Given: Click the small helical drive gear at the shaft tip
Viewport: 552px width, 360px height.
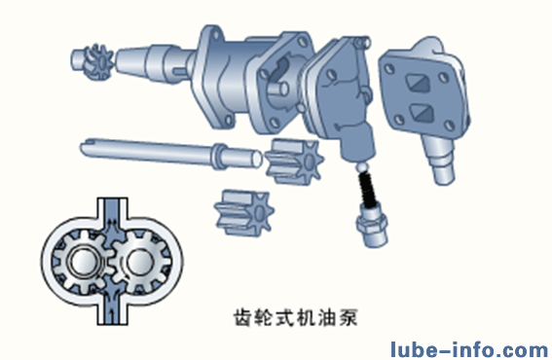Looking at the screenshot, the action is (x=93, y=62).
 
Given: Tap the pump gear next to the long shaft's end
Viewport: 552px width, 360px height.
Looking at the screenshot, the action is (x=294, y=162).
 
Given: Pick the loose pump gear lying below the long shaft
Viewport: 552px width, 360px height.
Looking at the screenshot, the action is (x=244, y=212).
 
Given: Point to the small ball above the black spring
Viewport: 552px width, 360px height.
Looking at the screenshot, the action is (x=362, y=165).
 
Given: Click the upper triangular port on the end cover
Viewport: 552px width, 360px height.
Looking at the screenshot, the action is (x=419, y=84).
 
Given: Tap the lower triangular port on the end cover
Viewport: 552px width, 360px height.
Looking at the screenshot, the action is (x=422, y=113).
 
